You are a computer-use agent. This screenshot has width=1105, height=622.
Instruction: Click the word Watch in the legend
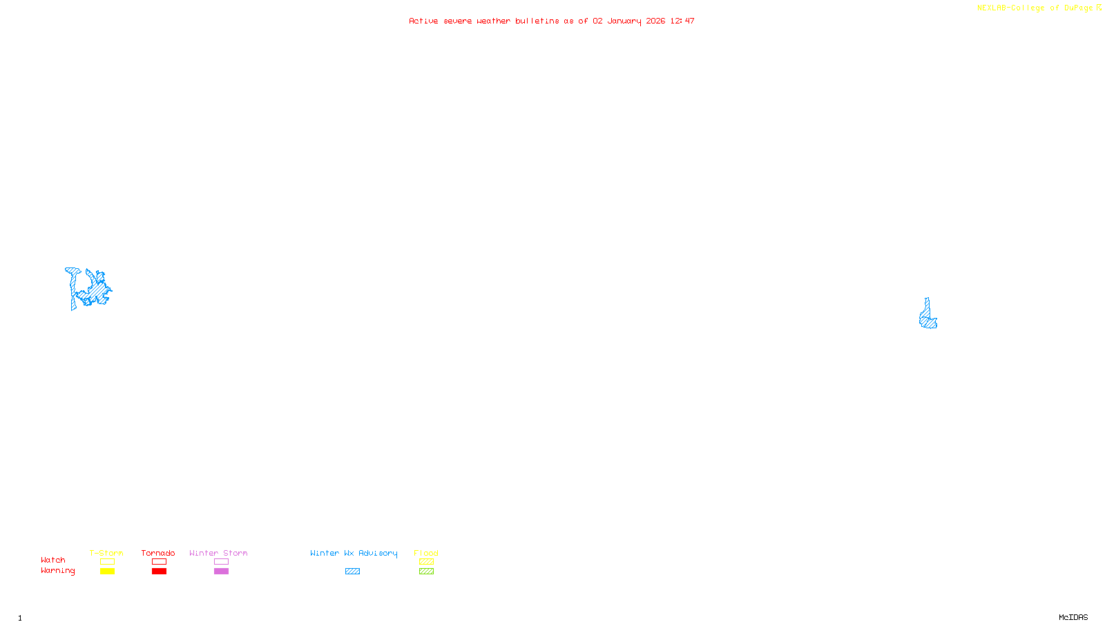[53, 560]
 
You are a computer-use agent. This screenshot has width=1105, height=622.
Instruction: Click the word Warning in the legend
[58, 571]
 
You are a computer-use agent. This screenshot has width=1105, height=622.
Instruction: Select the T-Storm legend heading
[106, 553]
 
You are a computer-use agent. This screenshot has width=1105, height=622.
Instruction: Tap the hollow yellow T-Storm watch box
[107, 562]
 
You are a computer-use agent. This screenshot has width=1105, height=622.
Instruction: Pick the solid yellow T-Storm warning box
[107, 572]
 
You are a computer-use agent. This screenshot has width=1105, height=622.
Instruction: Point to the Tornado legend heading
[158, 553]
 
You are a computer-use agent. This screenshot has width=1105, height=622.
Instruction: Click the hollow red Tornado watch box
[159, 562]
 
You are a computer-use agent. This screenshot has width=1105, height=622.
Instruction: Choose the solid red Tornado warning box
[159, 572]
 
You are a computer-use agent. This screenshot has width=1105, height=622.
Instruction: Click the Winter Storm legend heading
[218, 553]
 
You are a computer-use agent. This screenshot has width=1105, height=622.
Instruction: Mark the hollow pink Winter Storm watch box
[221, 562]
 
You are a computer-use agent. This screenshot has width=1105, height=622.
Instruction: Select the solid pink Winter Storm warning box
[221, 572]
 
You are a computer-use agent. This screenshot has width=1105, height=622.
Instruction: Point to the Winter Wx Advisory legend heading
[354, 553]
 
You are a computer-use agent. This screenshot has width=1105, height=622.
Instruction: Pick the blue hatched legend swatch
[352, 572]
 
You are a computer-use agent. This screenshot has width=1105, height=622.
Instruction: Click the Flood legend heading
[426, 553]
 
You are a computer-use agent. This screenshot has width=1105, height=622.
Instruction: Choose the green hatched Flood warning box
[426, 572]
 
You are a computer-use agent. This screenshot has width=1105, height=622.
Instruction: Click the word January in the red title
[624, 21]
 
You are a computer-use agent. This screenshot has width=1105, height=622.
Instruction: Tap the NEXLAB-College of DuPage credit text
[1035, 8]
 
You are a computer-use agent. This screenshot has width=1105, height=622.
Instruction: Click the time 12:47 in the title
[682, 21]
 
